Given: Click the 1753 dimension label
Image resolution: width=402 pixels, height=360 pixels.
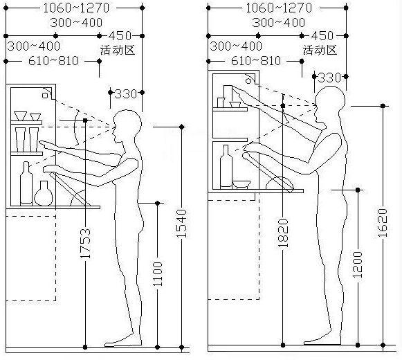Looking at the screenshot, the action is (x=85, y=243).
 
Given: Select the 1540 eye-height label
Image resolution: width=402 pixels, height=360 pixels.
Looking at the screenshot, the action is (x=182, y=224).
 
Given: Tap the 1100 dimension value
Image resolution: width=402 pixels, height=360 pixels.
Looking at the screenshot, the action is (x=158, y=274).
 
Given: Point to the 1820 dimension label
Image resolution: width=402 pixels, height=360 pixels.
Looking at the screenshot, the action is (x=283, y=233).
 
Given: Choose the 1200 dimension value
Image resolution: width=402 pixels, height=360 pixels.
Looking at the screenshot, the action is (x=358, y=264).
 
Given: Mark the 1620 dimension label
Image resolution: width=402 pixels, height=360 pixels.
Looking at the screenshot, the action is (x=383, y=223).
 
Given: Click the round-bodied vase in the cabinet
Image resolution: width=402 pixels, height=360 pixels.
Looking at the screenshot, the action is (x=44, y=193).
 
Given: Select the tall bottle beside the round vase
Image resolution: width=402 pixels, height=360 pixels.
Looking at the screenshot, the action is (x=26, y=183).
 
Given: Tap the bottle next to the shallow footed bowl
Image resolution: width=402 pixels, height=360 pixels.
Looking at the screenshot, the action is (x=226, y=167).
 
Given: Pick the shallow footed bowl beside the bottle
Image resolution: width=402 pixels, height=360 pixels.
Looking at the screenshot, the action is (x=241, y=184).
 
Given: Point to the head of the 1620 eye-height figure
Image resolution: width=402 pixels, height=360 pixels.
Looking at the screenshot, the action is (x=330, y=103).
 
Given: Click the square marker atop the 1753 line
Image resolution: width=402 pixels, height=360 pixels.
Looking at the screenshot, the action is (x=85, y=120).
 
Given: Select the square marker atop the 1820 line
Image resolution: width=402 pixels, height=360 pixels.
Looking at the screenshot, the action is (x=283, y=106).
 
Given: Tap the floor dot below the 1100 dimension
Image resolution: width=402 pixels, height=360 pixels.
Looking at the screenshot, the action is (x=158, y=348).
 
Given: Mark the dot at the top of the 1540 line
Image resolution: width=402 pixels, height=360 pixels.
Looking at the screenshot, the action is (x=182, y=127).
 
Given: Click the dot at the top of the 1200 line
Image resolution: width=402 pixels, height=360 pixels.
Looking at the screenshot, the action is (x=358, y=190).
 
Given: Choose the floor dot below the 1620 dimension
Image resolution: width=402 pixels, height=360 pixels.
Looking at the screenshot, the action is (x=383, y=345).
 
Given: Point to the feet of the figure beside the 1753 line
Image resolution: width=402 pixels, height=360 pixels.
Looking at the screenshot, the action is (x=123, y=342).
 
